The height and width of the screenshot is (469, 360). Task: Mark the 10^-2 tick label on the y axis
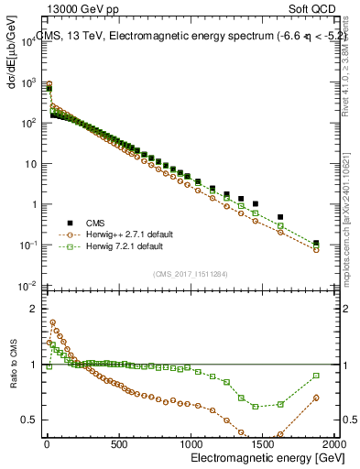(x=27, y=286)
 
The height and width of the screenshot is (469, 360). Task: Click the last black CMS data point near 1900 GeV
(x=316, y=244)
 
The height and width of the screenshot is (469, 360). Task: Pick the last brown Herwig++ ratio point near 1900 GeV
(x=316, y=398)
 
